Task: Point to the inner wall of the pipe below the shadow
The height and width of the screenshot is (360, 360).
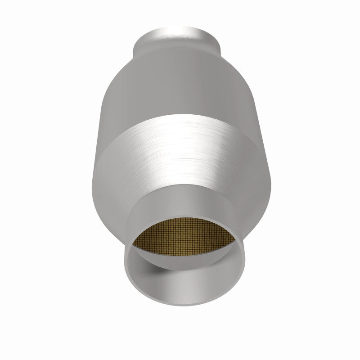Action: [x=189, y=288]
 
